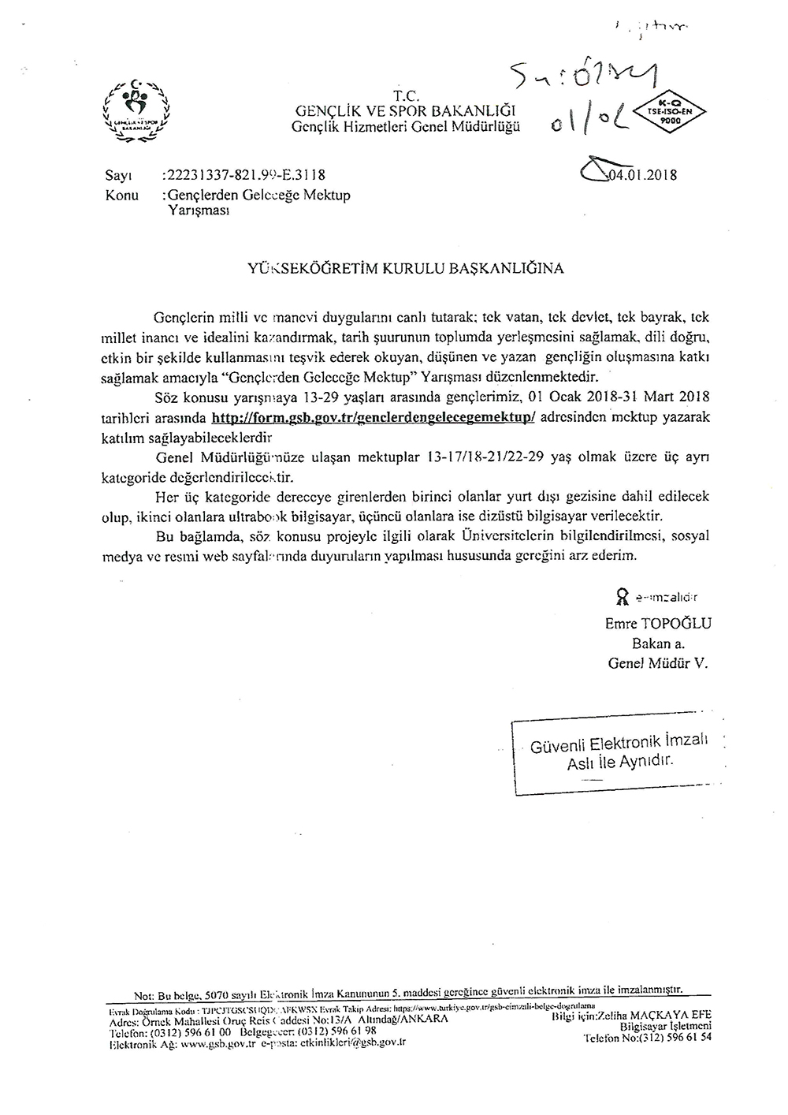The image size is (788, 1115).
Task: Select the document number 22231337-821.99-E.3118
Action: [243, 175]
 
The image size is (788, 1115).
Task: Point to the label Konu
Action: [122, 195]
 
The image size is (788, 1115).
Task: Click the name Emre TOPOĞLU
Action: [657, 624]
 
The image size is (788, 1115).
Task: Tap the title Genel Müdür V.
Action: [658, 663]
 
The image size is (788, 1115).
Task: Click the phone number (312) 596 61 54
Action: [673, 1039]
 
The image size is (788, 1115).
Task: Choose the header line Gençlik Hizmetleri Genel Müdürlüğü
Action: [406, 126]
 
